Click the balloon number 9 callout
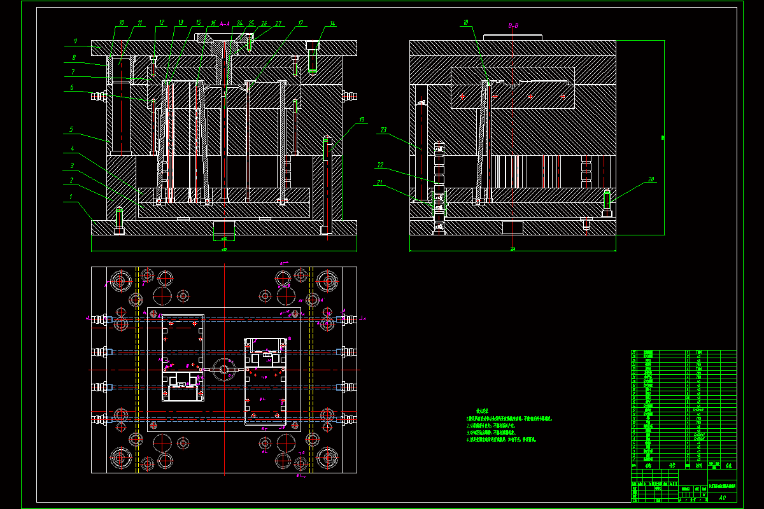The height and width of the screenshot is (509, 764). point(75,41)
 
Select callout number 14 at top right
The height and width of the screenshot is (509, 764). point(332,24)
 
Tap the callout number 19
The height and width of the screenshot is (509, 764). point(362,120)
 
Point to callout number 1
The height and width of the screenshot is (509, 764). point(72,197)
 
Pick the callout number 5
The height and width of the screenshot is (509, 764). point(71,129)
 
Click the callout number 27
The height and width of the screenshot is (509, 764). point(278,24)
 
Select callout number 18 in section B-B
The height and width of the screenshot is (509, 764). point(466,24)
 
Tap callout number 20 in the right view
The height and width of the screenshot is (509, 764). point(651,179)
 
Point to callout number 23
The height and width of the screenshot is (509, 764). point(383,130)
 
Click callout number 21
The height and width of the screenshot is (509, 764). point(380,182)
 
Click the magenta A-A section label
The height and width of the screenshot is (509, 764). point(224,24)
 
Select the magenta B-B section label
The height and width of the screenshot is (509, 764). point(513,25)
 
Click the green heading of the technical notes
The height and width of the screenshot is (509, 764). point(477,411)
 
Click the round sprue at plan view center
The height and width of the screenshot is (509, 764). point(224,369)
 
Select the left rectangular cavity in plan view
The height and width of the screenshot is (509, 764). point(183,358)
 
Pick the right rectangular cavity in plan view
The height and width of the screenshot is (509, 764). point(265,380)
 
